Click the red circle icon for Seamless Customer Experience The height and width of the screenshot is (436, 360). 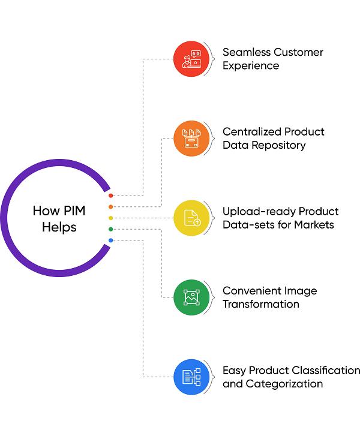191,59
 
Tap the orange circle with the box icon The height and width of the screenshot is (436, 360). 191,139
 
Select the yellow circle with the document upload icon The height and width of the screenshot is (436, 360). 191,218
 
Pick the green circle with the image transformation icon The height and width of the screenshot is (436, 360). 191,297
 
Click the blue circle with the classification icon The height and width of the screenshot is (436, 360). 191,377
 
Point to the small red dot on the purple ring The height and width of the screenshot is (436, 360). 111,196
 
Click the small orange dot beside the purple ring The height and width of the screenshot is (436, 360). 111,207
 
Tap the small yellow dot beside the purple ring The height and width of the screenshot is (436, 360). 111,218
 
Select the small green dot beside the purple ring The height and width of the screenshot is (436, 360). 111,229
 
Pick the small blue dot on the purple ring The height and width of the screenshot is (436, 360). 111,240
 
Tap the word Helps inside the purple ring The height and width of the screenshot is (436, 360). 59,227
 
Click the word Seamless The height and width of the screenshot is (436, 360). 247,52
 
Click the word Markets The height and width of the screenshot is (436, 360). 314,225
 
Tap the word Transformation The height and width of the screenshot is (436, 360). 261,304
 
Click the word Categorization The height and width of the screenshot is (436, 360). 284,384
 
